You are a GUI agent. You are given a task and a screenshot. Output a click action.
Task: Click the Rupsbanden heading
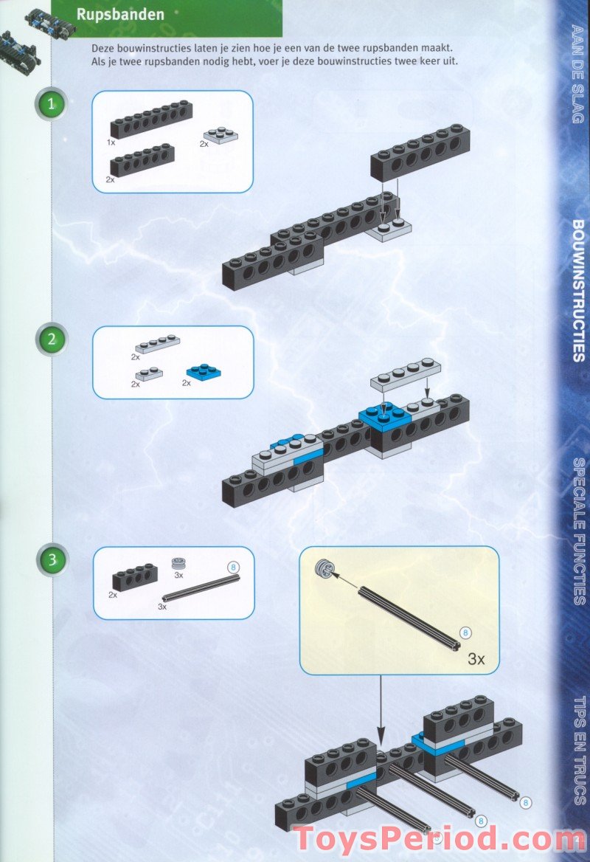pyautogui.click(x=120, y=15)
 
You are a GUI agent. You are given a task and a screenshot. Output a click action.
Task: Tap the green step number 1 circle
pyautogui.click(x=52, y=105)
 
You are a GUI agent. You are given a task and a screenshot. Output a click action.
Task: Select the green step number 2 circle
pyautogui.click(x=52, y=339)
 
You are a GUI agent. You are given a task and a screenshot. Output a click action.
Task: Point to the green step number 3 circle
pyautogui.click(x=52, y=559)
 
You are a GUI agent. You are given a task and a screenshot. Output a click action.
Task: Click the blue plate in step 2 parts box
pyautogui.click(x=201, y=370)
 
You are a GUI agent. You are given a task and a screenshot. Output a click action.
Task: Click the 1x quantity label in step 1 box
pyautogui.click(x=111, y=140)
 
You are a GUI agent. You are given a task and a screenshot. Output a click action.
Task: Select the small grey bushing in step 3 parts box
pyautogui.click(x=178, y=565)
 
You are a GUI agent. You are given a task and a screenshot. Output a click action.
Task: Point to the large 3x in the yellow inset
pyautogui.click(x=476, y=659)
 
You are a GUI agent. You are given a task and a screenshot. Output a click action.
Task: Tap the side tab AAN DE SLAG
pyautogui.click(x=577, y=73)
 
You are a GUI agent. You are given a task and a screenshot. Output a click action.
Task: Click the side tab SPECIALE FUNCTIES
pyautogui.click(x=577, y=531)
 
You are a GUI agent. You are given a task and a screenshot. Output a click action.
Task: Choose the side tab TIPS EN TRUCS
pyautogui.click(x=577, y=750)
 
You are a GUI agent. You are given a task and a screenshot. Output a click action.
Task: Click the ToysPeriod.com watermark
pyautogui.click(x=438, y=840)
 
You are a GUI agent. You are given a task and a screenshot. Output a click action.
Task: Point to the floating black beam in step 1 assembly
pyautogui.click(x=420, y=153)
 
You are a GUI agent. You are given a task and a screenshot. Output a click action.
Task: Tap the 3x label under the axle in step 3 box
pyautogui.click(x=162, y=607)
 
